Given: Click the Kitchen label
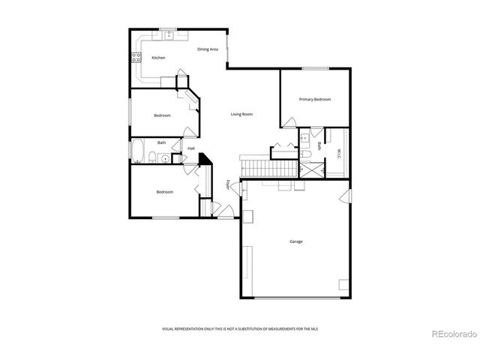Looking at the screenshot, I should [x=158, y=58].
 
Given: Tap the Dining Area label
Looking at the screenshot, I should [x=208, y=49].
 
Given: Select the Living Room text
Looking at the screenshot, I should [x=241, y=114].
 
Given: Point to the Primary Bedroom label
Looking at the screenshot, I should [x=315, y=99].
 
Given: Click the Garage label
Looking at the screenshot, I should [x=296, y=241].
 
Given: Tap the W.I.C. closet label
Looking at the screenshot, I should [x=339, y=154].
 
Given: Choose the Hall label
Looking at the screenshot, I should [x=191, y=148].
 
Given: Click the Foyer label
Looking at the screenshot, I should [x=229, y=184].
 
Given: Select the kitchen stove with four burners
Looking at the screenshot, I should [x=137, y=58].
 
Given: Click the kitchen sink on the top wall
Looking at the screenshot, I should [x=168, y=34].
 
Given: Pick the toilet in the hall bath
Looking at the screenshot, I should [x=151, y=157].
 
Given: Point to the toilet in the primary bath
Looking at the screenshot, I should [x=306, y=154].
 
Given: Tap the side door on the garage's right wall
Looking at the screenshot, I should [x=344, y=196].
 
